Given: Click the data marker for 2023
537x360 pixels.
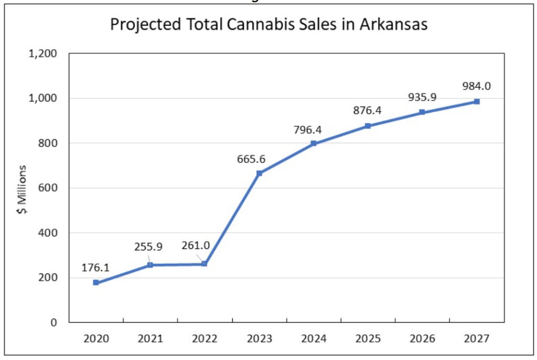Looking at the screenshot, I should tap(259, 173).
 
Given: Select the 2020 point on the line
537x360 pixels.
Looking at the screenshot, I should tap(96, 282).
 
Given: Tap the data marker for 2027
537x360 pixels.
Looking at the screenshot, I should tap(477, 102).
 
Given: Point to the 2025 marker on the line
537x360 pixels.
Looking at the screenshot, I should tap(368, 126).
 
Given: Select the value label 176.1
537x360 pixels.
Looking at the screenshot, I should tap(95, 268).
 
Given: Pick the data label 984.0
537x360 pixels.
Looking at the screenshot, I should tap(477, 86).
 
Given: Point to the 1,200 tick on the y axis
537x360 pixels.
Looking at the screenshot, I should tap(45, 53).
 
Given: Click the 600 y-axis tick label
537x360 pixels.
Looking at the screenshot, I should tap(49, 188).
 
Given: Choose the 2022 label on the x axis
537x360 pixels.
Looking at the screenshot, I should tap(205, 339).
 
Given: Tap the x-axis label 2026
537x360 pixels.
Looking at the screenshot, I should tap(422, 339).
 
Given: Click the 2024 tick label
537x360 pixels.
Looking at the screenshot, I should tap(313, 339).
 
